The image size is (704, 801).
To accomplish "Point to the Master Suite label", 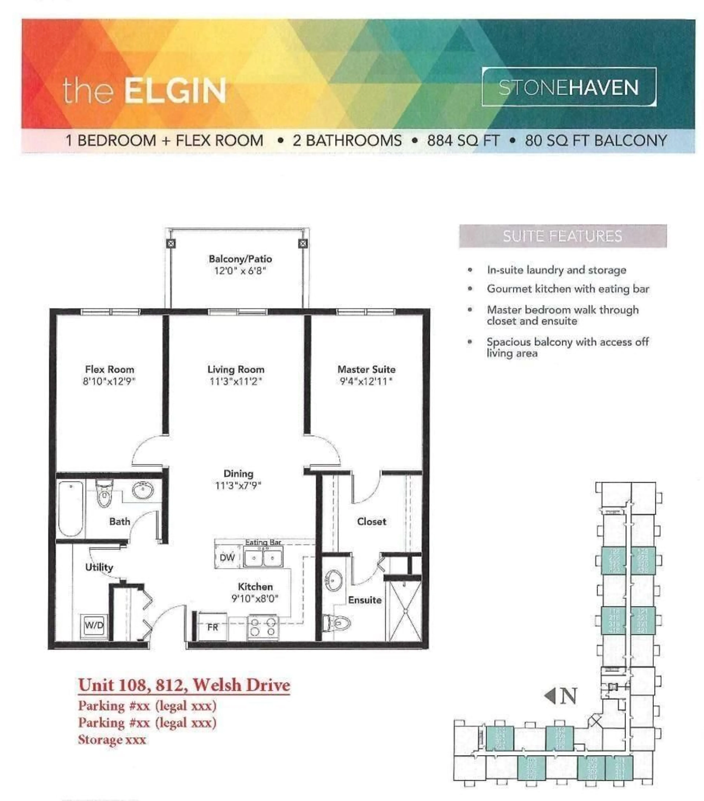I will [x=366, y=369].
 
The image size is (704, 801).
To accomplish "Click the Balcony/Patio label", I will [x=240, y=259].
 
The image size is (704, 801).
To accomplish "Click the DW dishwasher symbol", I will [x=227, y=557].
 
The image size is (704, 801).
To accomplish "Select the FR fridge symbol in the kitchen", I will [x=212, y=627].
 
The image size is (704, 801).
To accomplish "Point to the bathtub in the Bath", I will [x=71, y=508].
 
